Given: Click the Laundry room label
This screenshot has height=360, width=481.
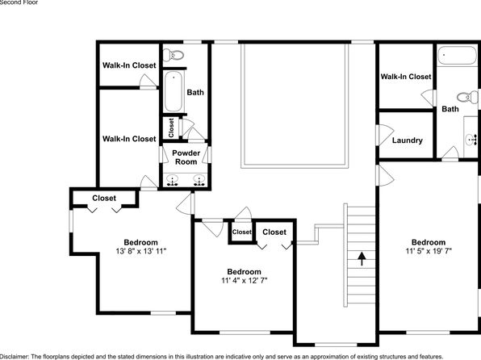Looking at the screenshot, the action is tap(408, 140).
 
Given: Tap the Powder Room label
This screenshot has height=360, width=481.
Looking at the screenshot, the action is tap(186, 157).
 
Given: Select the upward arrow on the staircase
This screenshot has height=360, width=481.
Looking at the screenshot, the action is tap(362, 259).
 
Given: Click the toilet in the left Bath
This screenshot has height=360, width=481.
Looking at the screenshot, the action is tap(174, 55).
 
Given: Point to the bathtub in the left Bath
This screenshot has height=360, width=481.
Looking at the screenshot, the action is tap(174, 91).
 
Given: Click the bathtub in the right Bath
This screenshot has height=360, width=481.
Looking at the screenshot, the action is tap(457, 56).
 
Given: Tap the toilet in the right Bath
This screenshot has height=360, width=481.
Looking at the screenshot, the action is tap(467, 97).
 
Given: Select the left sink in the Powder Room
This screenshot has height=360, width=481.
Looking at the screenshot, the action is tap(173, 180).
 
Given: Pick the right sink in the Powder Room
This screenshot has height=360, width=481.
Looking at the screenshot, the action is tap(199, 180).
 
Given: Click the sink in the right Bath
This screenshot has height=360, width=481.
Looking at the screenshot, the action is tap(471, 140).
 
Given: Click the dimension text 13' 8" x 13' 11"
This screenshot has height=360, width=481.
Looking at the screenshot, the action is tap(140, 251).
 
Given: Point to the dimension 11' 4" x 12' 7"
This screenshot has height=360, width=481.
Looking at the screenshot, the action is tap(245, 281).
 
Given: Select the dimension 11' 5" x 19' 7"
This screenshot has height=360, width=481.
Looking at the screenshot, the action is tap(429, 251).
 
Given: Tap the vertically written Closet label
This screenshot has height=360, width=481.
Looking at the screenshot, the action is tap(171, 128).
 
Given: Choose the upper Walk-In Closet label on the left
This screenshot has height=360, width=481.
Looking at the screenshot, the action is tap(129, 65).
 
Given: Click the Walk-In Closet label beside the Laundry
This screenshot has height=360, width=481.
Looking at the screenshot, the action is tap(406, 77).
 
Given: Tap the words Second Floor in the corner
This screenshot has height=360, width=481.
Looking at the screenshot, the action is tap(19, 2).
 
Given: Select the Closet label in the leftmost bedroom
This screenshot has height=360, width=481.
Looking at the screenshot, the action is tap(104, 199).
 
